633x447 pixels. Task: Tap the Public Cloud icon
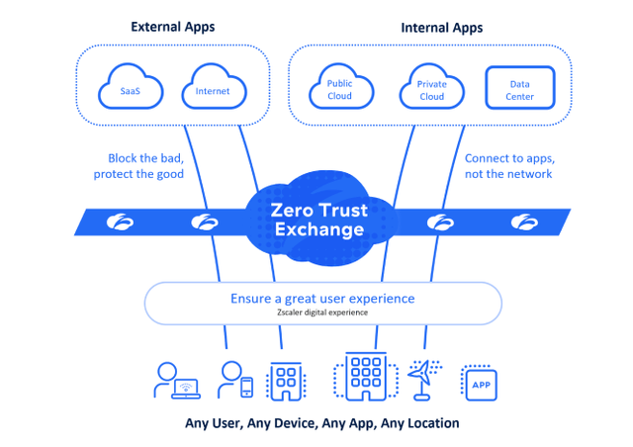[x=339, y=90]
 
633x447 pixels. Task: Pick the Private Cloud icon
[x=431, y=90]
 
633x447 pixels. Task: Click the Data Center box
[x=519, y=90]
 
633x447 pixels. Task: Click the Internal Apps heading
[x=442, y=28]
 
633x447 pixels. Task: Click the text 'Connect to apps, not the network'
[x=508, y=166]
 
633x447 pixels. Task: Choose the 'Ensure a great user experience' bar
[x=322, y=302]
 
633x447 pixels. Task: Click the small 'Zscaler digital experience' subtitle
[x=322, y=313]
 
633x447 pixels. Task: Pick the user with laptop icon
[x=176, y=380]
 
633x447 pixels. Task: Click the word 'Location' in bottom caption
[x=431, y=423]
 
